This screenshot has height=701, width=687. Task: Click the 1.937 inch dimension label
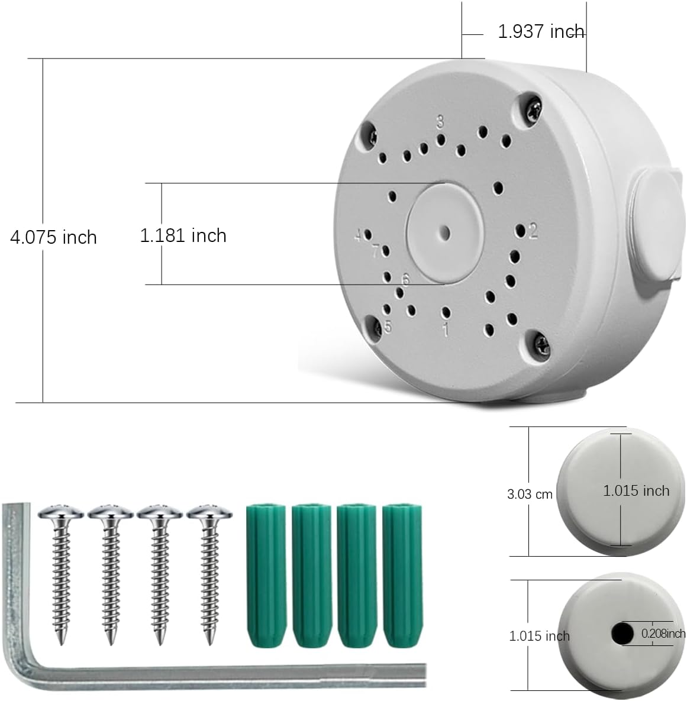coord(540,31)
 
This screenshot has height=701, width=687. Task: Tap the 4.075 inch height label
coord(53,237)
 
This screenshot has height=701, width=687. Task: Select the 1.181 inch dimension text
coord(183,235)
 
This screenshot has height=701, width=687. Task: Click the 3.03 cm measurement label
coord(530,494)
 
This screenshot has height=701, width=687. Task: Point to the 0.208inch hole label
coord(663,634)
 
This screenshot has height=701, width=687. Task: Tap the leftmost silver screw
coord(60,568)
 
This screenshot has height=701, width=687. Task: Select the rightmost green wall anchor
coord(402,577)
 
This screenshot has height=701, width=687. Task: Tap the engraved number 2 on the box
coord(533,231)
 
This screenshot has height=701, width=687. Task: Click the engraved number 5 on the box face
coord(388,327)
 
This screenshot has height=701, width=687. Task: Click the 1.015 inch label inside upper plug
coord(636,490)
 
